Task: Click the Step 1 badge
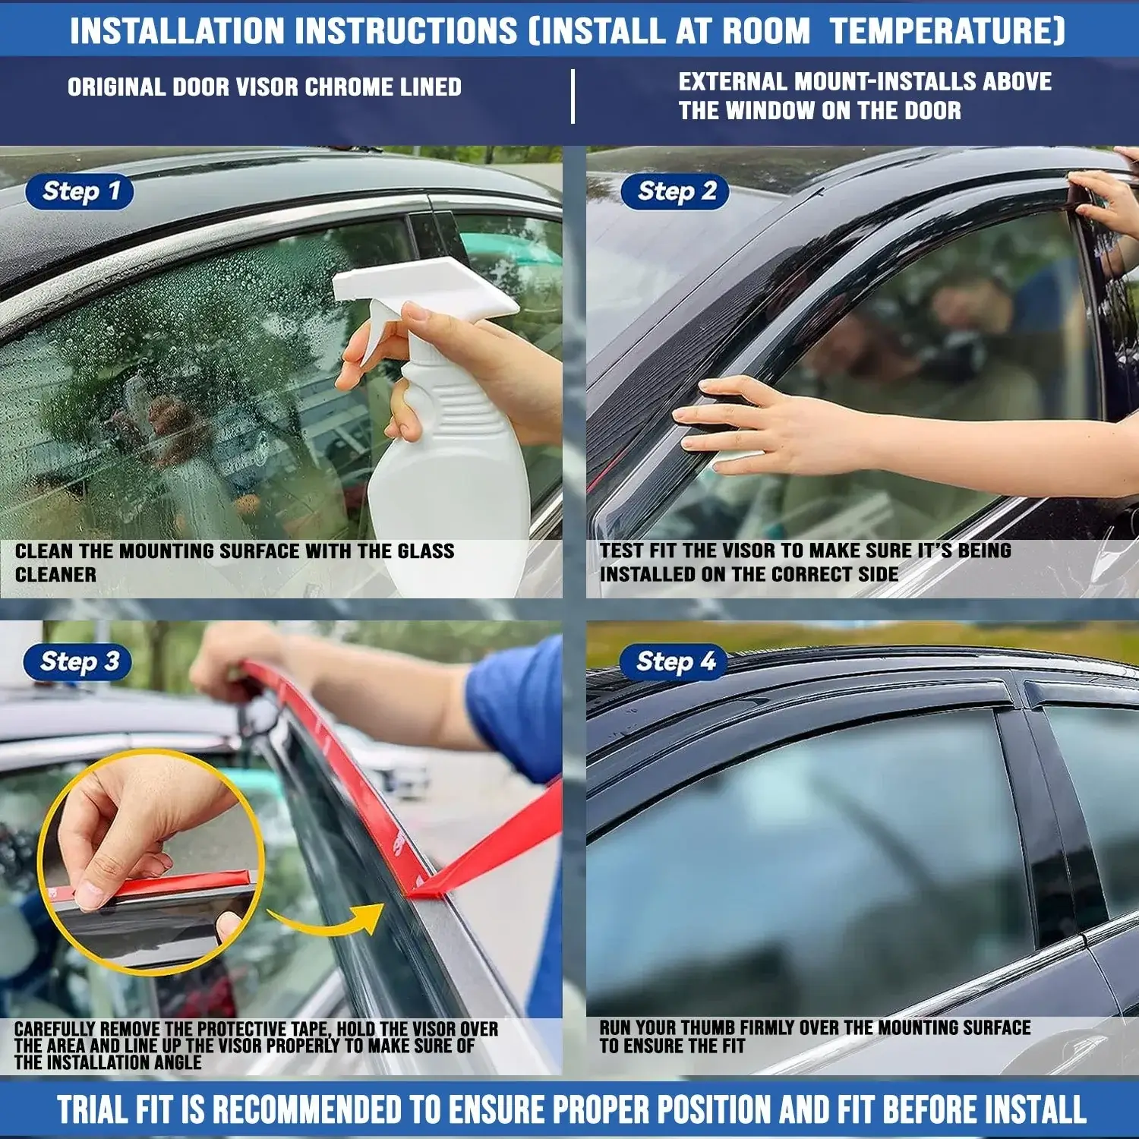coord(80,191)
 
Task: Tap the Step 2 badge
coord(675,191)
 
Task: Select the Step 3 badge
coord(77,661)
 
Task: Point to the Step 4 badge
coord(674,661)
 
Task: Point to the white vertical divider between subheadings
coord(573,96)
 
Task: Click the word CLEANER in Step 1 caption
coord(55,575)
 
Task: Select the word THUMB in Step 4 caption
coord(708,1028)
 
